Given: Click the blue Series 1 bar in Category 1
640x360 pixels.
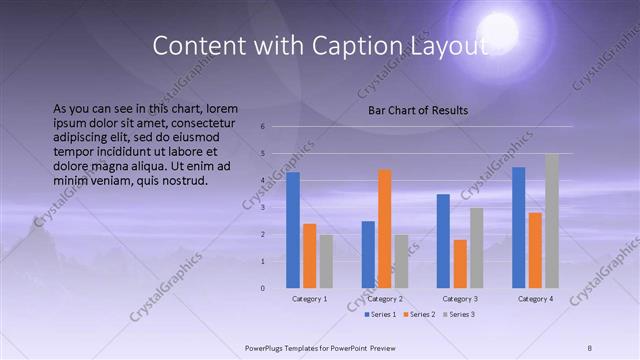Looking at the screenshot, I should point(293,230).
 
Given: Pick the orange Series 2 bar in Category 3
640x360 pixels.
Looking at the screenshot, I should point(460,263).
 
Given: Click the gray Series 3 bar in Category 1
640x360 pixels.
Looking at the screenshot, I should point(326,261).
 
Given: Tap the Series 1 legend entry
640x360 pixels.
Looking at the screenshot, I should point(380,314).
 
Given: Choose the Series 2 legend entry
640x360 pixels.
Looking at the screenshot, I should point(418,314).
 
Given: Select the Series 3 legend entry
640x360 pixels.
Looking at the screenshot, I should point(457,314).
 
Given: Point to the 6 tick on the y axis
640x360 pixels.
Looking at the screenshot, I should point(261,127).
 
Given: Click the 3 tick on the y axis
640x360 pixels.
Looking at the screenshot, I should point(261,207).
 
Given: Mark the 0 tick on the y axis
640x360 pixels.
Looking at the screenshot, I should point(261,288).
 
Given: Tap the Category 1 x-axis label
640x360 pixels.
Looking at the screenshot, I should point(309,299).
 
